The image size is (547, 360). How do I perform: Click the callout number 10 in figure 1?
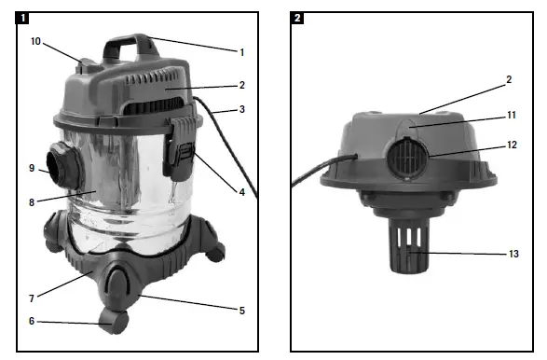pyautogui.click(x=35, y=41)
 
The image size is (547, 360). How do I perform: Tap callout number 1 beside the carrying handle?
pyautogui.click(x=241, y=52)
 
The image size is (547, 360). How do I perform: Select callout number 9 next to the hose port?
pyautogui.click(x=32, y=168)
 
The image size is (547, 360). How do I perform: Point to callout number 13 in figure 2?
pyautogui.click(x=513, y=254)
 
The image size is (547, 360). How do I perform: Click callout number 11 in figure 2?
pyautogui.click(x=511, y=115)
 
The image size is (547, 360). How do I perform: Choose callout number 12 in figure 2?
pyautogui.click(x=512, y=145)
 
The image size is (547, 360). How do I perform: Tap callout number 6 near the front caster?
pyautogui.click(x=32, y=321)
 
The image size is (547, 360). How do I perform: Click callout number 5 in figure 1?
pyautogui.click(x=242, y=311)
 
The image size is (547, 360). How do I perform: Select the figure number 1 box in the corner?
pyautogui.click(x=22, y=18)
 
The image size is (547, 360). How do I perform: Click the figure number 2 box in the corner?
pyautogui.click(x=297, y=18)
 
